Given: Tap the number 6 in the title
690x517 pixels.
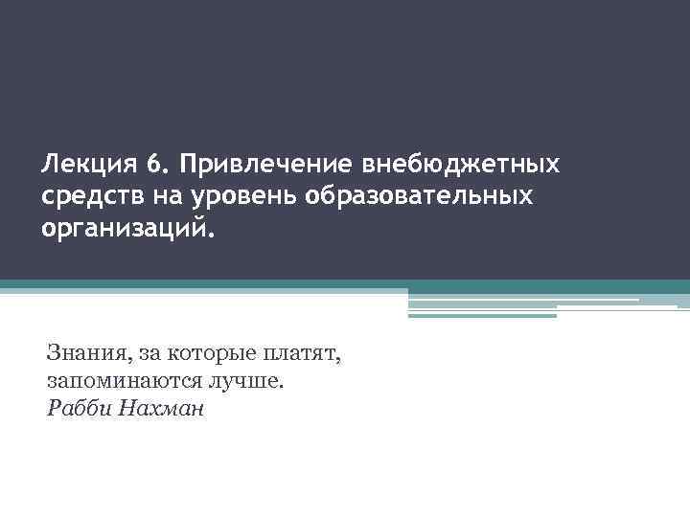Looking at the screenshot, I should coord(153,167).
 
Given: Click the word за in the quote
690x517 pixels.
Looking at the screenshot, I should coord(145,354).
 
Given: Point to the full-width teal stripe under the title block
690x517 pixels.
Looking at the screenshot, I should coord(345,284).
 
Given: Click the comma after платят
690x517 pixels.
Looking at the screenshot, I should coord(337,361).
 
